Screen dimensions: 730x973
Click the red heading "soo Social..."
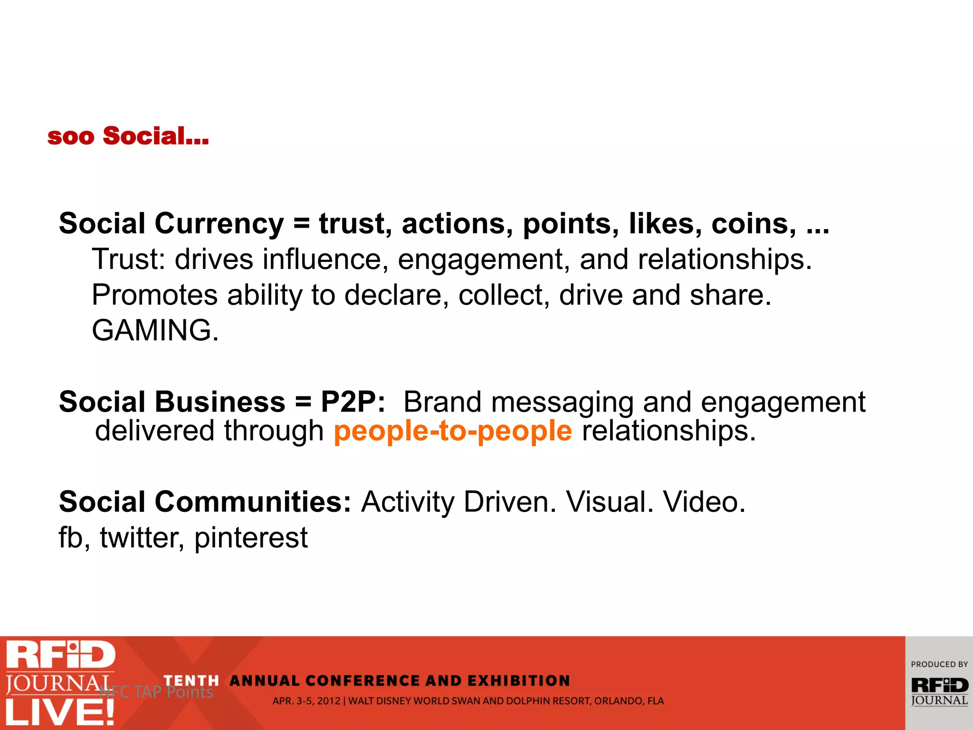click(x=128, y=136)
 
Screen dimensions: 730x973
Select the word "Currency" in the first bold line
click(x=219, y=224)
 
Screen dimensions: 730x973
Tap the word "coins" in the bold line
click(x=754, y=224)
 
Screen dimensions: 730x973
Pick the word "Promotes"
click(x=154, y=295)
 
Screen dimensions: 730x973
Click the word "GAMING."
click(x=155, y=330)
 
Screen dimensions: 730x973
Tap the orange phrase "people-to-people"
click(x=453, y=431)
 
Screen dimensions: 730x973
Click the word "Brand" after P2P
click(x=442, y=402)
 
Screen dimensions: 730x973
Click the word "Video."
click(x=704, y=502)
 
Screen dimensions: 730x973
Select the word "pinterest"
click(x=251, y=538)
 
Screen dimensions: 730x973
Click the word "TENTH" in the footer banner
click(x=191, y=681)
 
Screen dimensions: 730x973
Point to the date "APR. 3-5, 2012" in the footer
click(x=306, y=701)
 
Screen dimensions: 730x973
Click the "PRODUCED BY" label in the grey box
click(x=939, y=664)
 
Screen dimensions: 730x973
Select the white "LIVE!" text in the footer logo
click(x=60, y=712)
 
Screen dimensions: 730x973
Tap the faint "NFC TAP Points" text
click(x=157, y=692)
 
